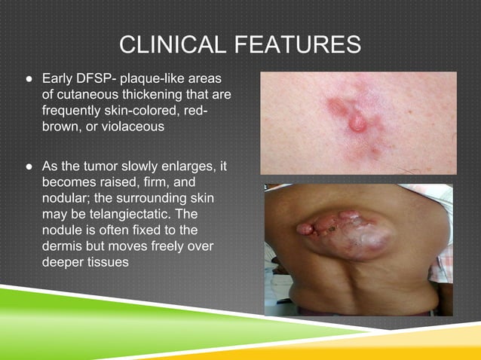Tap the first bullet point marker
point(28,78)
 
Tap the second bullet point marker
point(28,166)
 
